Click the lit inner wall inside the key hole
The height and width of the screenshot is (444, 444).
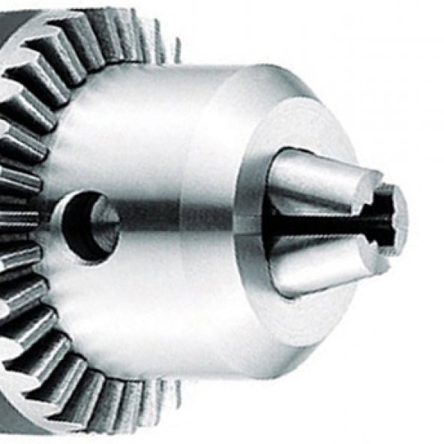[x=105, y=222]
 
